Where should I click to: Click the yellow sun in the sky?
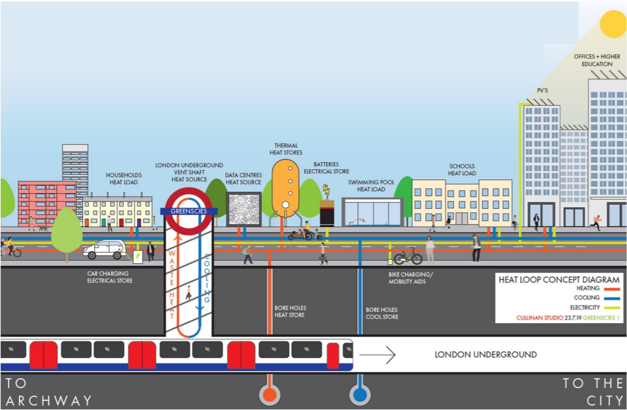pos(613,24)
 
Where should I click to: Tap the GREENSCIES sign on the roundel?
pos(189,211)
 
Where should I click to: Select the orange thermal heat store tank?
pos(285,188)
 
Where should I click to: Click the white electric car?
pos(104,248)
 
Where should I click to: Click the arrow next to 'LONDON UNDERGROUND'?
pos(377,355)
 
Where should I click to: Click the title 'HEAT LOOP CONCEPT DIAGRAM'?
pos(559,280)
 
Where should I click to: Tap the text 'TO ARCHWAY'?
pos(47,392)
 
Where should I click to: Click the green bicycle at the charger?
pos(408,257)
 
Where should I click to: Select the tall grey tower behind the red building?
pos(75,163)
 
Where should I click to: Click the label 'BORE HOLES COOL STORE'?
pos(382,314)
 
